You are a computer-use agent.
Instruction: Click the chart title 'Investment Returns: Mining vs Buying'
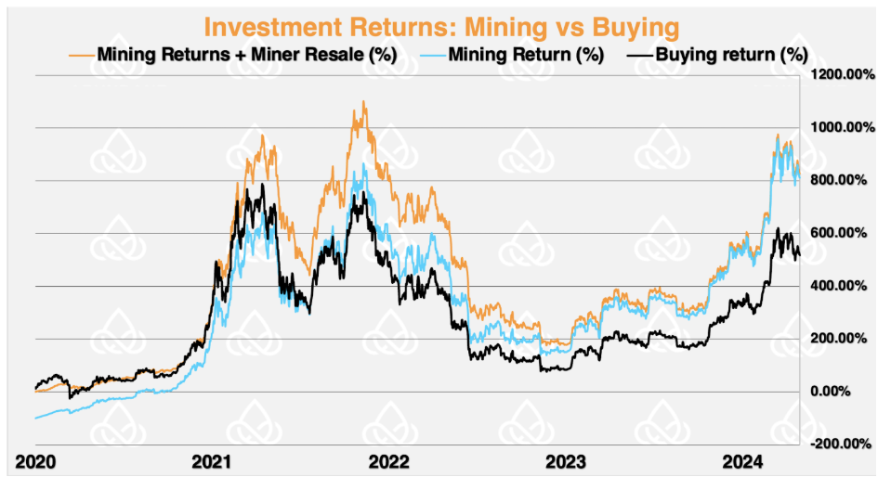coord(439,25)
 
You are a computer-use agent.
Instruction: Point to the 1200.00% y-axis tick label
coord(840,74)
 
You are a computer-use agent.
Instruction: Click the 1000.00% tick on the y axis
coord(840,127)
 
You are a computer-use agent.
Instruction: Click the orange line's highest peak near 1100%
coord(363,102)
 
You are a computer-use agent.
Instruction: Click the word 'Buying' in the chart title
coord(633,25)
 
